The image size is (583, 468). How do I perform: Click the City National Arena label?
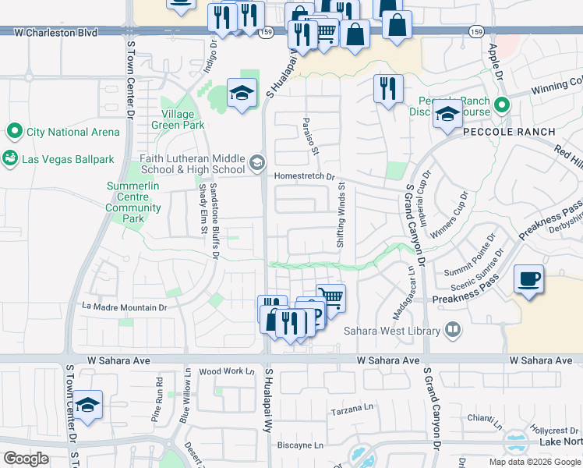[73, 132]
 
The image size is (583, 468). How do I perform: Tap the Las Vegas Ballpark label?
[68, 159]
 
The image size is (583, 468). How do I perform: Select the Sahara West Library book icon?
[450, 330]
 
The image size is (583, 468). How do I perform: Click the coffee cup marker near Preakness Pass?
[529, 279]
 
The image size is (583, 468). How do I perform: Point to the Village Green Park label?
[178, 119]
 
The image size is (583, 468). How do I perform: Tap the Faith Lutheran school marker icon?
[256, 164]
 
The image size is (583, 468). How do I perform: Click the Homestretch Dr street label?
[304, 176]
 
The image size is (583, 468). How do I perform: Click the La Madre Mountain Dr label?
[125, 307]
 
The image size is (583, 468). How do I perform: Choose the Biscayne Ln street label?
[301, 445]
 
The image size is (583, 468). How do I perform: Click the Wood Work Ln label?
[228, 371]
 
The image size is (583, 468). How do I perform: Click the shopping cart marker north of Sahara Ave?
[330, 296]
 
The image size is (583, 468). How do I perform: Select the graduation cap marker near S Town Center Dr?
[88, 406]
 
